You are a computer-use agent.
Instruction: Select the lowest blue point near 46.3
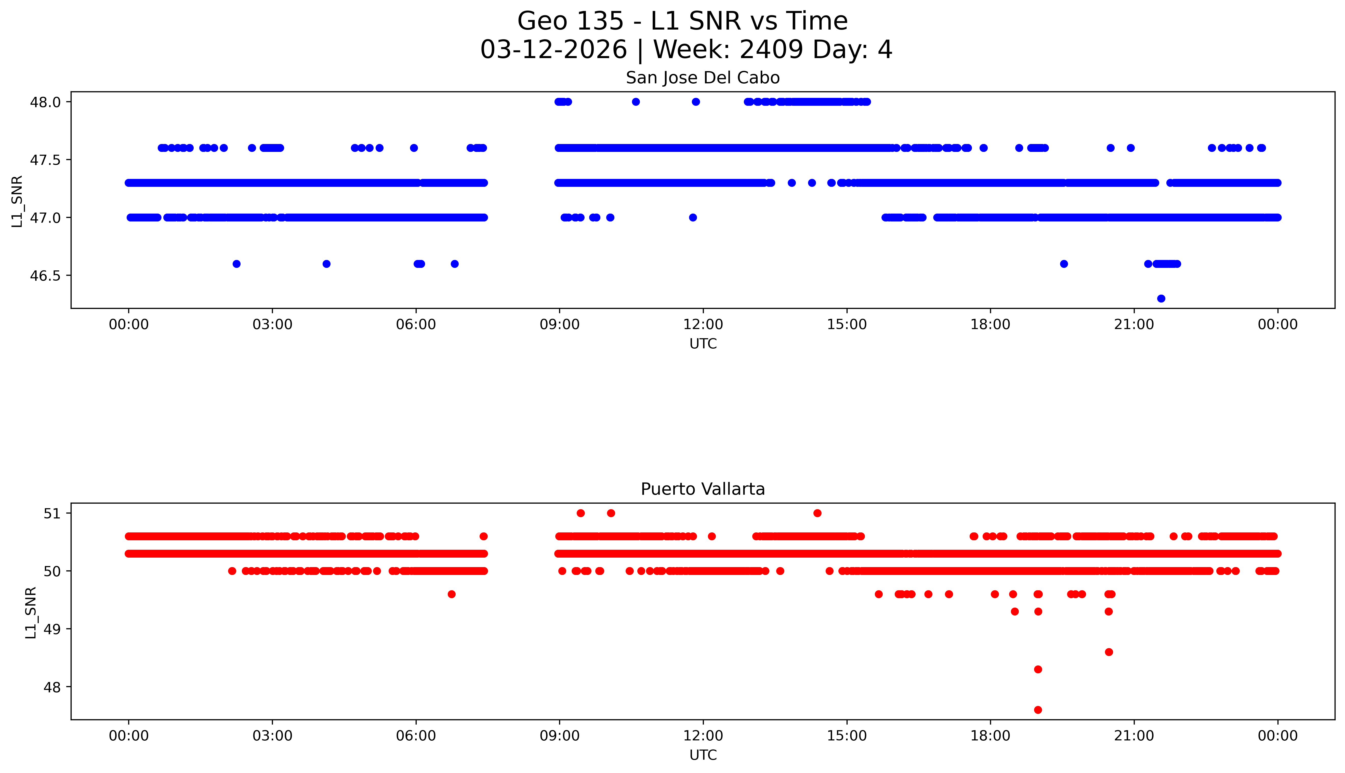[1161, 298]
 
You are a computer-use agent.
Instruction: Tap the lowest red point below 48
[1038, 710]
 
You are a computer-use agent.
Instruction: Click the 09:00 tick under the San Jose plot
[559, 324]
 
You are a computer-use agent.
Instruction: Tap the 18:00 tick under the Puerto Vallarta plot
[990, 736]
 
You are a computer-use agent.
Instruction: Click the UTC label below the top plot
[703, 344]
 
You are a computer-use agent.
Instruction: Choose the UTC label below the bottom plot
[703, 755]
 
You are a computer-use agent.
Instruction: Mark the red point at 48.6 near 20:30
[1108, 652]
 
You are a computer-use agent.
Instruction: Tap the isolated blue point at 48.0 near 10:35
[636, 102]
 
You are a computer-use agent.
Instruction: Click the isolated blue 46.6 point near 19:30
[1064, 264]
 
